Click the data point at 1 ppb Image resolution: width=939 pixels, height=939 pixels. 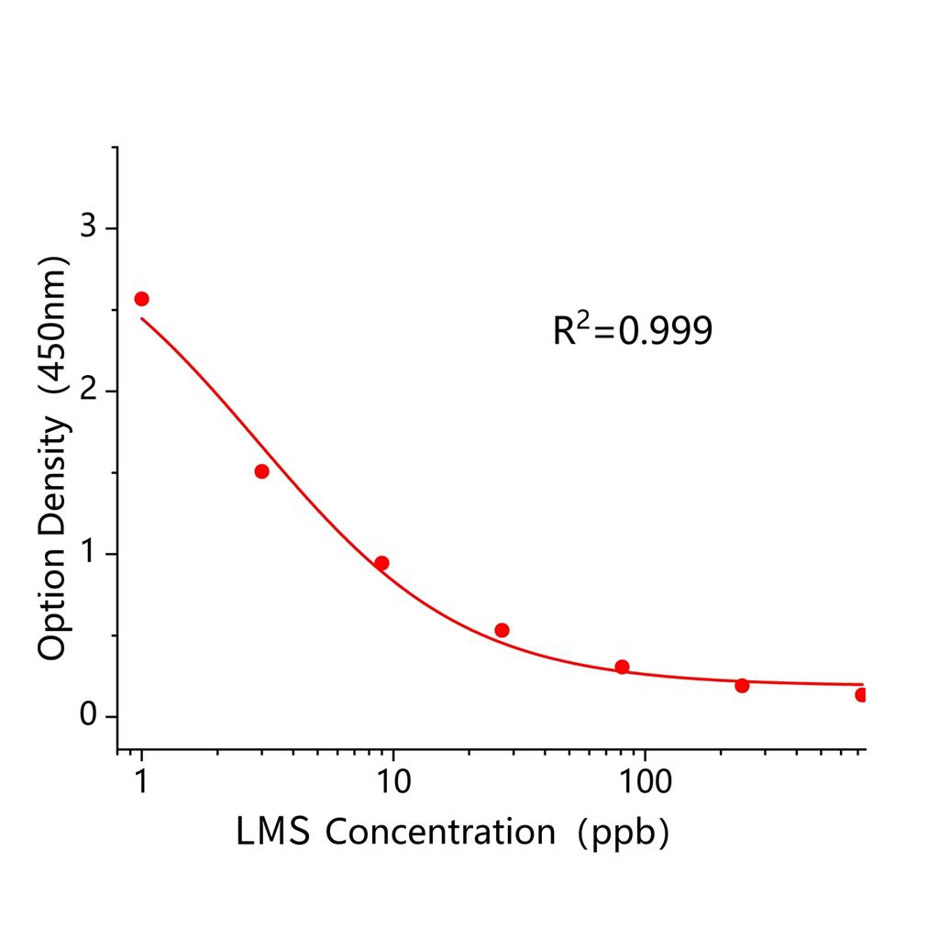pos(141,299)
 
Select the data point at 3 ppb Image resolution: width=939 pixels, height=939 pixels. pos(261,471)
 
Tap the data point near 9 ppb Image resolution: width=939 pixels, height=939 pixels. pos(381,563)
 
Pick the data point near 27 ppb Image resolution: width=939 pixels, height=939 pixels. pos(502,630)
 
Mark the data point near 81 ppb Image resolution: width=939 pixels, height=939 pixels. pos(622,667)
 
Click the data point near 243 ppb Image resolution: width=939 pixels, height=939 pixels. pos(742,685)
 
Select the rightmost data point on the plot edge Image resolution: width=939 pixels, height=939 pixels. pos(861,695)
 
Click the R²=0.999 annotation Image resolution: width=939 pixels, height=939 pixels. pos(632,331)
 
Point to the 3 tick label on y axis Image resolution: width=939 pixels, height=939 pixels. pos(88,227)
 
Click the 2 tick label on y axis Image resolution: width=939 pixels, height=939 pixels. pos(88,391)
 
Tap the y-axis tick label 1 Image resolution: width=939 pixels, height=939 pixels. pos(88,554)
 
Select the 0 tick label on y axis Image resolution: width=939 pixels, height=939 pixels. pos(88,716)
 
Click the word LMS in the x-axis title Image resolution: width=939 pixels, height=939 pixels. pos(272,832)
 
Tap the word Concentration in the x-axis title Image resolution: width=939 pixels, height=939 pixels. pos(440,832)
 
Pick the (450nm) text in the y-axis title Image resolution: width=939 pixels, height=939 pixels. pos(53,325)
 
